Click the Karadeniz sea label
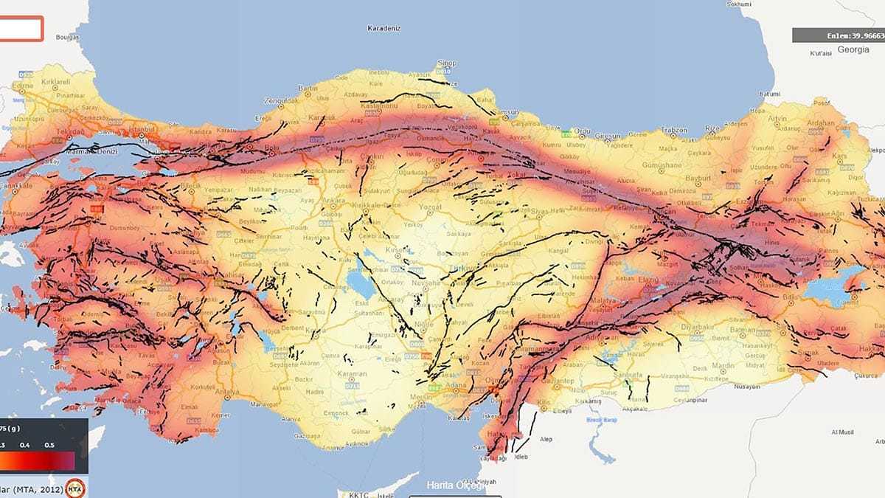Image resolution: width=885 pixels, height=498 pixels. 383,29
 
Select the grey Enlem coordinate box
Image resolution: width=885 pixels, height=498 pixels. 839,35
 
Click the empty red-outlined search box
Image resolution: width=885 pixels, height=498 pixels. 21,29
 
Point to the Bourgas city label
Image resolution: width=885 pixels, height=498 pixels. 66,35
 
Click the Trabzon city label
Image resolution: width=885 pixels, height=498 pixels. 673,130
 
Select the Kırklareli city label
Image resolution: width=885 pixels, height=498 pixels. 55,82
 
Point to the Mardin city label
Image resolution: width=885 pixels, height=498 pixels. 722,364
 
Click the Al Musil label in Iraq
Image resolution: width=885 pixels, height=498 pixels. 842,432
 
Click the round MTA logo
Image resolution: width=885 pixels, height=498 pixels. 74,488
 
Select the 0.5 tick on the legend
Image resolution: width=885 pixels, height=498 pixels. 49,445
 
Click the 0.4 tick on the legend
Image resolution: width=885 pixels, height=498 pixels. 25,445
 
